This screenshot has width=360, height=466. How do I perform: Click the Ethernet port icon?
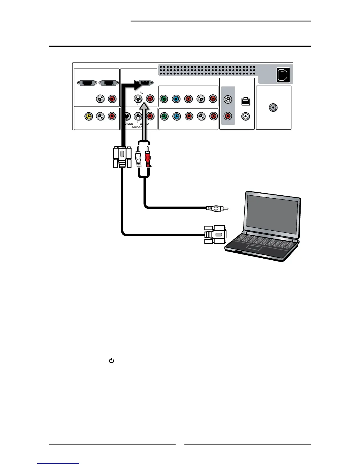point(245,101)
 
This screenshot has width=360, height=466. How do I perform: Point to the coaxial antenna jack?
point(274,108)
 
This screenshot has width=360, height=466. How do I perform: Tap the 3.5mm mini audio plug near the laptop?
point(216,208)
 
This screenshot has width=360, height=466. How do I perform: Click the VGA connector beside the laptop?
point(215,234)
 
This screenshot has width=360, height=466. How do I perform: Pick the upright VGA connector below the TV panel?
point(122,157)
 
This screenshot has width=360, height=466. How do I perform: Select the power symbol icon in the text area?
point(111,360)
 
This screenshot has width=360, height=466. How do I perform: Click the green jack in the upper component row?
point(164,99)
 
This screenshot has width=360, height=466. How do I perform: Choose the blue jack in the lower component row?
point(176,116)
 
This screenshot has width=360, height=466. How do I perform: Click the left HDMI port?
point(86,83)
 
